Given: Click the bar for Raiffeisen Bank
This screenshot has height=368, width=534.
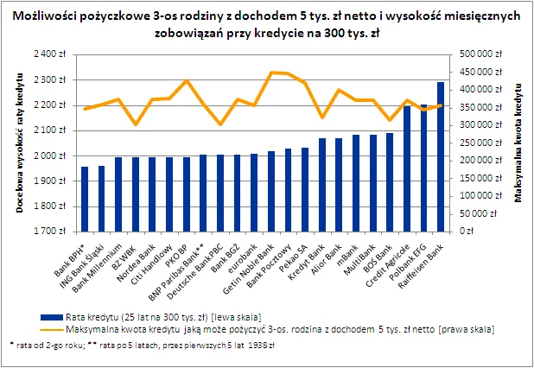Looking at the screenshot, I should coord(441,156).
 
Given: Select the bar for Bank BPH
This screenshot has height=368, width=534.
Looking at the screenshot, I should coord(85,199).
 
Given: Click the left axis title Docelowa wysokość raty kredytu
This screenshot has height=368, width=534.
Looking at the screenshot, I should coord(17,143).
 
